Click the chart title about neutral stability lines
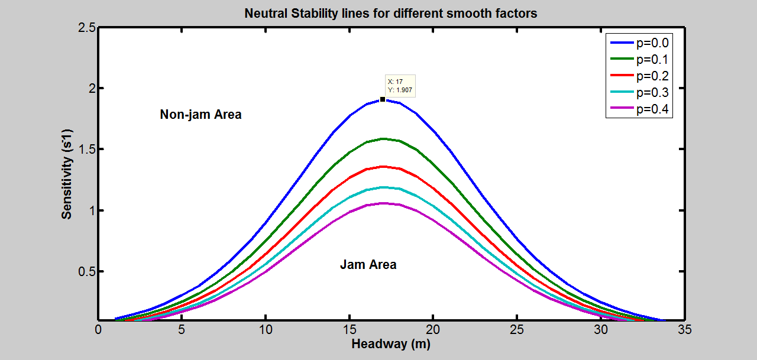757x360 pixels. pos(391,13)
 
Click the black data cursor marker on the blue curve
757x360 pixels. pos(383,99)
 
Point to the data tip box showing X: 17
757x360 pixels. pos(400,86)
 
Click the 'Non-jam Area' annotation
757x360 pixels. pos(200,115)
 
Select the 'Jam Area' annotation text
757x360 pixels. pos(368,265)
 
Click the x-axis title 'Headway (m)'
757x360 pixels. pos(390,344)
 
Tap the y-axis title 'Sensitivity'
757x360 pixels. pos(67,174)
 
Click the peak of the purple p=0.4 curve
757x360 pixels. pos(383,203)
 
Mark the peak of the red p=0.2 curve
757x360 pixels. pos(383,167)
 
